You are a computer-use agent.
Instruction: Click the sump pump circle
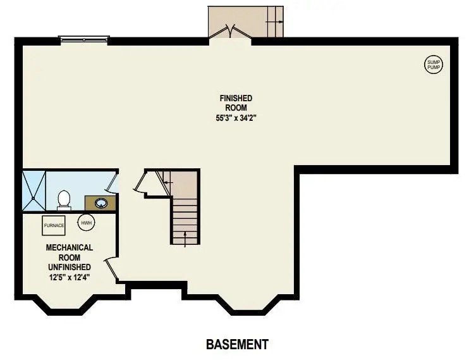(x=434, y=64)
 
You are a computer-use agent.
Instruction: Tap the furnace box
(x=54, y=225)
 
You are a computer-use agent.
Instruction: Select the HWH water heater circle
(x=85, y=223)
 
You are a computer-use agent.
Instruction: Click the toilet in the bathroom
(x=63, y=200)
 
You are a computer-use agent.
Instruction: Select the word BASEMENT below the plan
(x=237, y=345)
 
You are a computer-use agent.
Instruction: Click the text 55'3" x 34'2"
(x=236, y=118)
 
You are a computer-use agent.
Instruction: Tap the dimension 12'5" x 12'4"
(x=70, y=276)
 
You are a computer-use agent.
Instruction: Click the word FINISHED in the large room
(x=236, y=98)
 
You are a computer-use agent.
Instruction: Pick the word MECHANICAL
(x=70, y=247)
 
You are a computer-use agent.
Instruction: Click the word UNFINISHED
(x=70, y=266)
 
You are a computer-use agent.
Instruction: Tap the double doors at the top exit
(x=230, y=32)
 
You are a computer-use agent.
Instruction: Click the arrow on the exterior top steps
(x=274, y=22)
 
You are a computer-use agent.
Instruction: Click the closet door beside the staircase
(x=140, y=183)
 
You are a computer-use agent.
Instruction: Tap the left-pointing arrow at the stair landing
(x=167, y=182)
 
